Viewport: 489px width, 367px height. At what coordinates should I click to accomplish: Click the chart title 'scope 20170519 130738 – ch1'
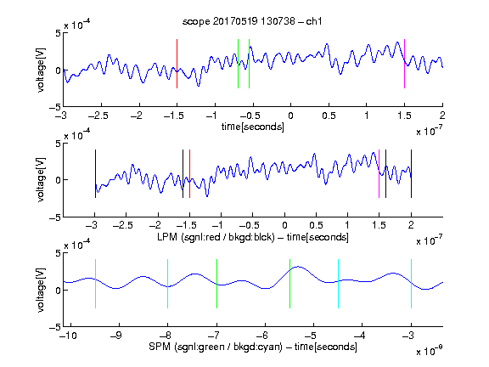[x=252, y=21]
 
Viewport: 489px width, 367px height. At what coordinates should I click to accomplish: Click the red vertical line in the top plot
[x=177, y=64]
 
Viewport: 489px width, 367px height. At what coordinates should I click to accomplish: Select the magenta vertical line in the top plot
[x=404, y=64]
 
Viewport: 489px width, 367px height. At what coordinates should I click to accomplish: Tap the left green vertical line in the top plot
[x=238, y=64]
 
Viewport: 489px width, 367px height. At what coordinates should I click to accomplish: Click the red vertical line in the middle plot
[x=189, y=174]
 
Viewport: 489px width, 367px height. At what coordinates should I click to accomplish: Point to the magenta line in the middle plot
[x=379, y=174]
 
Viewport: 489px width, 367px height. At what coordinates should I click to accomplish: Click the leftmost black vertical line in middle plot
[x=95, y=174]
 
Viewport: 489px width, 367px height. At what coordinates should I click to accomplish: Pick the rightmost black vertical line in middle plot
[x=411, y=174]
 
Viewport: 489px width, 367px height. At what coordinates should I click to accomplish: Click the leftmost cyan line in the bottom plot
[x=95, y=284]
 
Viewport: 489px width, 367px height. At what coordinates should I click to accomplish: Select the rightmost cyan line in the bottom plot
[x=411, y=284]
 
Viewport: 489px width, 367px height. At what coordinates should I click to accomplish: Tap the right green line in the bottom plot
[x=289, y=284]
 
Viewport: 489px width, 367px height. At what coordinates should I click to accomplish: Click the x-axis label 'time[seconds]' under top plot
[x=253, y=127]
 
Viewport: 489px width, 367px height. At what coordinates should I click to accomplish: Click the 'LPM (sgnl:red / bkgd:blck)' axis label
[x=216, y=237]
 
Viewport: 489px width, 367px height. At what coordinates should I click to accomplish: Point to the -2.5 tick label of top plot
[x=98, y=116]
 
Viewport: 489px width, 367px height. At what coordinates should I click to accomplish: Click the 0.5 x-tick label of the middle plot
[x=316, y=225]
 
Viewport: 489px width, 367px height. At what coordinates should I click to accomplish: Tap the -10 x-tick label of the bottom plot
[x=68, y=336]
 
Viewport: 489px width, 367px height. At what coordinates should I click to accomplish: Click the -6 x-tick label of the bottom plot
[x=264, y=336]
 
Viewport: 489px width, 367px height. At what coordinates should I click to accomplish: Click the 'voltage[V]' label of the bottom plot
[x=41, y=290]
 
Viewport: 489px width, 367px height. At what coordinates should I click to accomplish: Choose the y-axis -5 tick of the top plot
[x=55, y=107]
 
